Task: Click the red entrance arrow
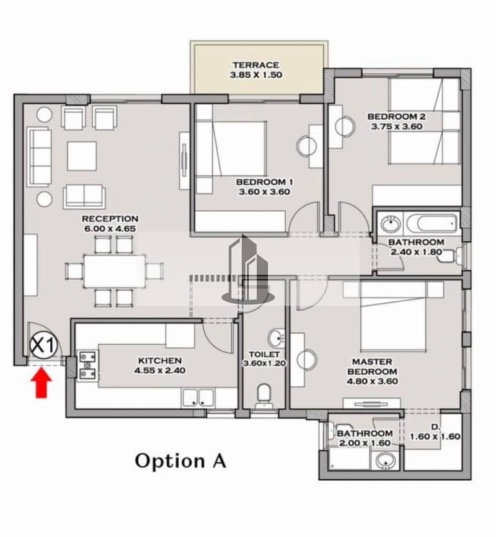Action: click(x=42, y=383)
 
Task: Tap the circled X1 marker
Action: click(x=43, y=345)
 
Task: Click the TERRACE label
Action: click(x=256, y=65)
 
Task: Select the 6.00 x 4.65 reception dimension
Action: click(x=110, y=229)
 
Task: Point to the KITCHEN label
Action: click(x=160, y=360)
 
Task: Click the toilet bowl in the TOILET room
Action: click(x=263, y=396)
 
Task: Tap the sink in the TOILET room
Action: click(x=277, y=339)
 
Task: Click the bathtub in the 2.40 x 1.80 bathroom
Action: click(x=432, y=224)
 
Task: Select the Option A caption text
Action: click(x=180, y=461)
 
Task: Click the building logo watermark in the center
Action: click(x=248, y=269)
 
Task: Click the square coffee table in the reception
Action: click(x=82, y=156)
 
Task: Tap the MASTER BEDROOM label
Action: click(x=373, y=366)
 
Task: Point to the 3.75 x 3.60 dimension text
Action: click(x=397, y=126)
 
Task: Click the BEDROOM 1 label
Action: click(x=265, y=182)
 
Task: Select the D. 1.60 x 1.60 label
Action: click(x=435, y=432)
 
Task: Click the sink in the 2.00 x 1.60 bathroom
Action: click(x=386, y=460)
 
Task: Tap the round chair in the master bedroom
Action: click(x=307, y=360)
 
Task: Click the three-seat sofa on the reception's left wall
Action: click(x=40, y=157)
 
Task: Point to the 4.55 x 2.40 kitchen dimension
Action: click(x=160, y=370)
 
